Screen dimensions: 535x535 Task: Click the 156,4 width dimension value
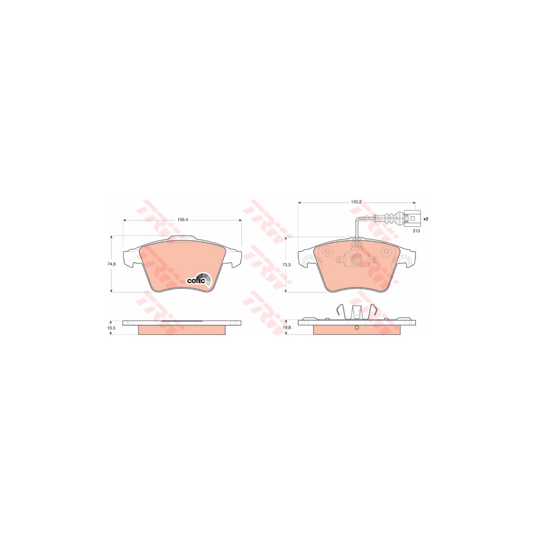(x=182, y=220)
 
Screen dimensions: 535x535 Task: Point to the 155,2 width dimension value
(x=356, y=202)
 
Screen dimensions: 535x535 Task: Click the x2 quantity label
(x=425, y=219)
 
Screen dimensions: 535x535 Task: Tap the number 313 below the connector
(x=416, y=231)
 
